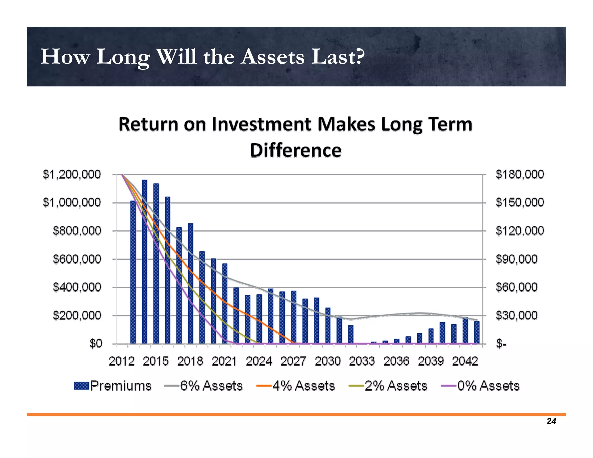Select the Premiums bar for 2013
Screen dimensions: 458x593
pyautogui.click(x=133, y=272)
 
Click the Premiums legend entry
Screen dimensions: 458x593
pyautogui.click(x=113, y=386)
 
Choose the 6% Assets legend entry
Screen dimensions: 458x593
pyautogui.click(x=204, y=386)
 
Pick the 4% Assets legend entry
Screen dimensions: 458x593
pyautogui.click(x=296, y=386)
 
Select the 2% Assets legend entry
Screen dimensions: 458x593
pyautogui.click(x=388, y=386)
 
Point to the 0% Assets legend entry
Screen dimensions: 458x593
pyautogui.click(x=481, y=386)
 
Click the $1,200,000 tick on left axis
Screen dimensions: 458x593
pyautogui.click(x=72, y=175)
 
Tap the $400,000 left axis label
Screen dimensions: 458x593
pyautogui.click(x=77, y=287)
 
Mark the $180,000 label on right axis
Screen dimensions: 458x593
pyautogui.click(x=520, y=175)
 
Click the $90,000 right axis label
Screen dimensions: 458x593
pyautogui.click(x=516, y=259)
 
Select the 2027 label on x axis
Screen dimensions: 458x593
pyautogui.click(x=293, y=361)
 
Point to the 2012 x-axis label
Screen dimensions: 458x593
pyautogui.click(x=122, y=361)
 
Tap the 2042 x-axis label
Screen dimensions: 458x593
pyautogui.click(x=465, y=361)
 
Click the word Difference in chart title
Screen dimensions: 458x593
pyautogui.click(x=296, y=150)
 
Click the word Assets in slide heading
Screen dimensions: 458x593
pyautogui.click(x=273, y=57)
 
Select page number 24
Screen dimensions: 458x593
pyautogui.click(x=551, y=421)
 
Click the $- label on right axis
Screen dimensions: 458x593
pyautogui.click(x=501, y=344)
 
